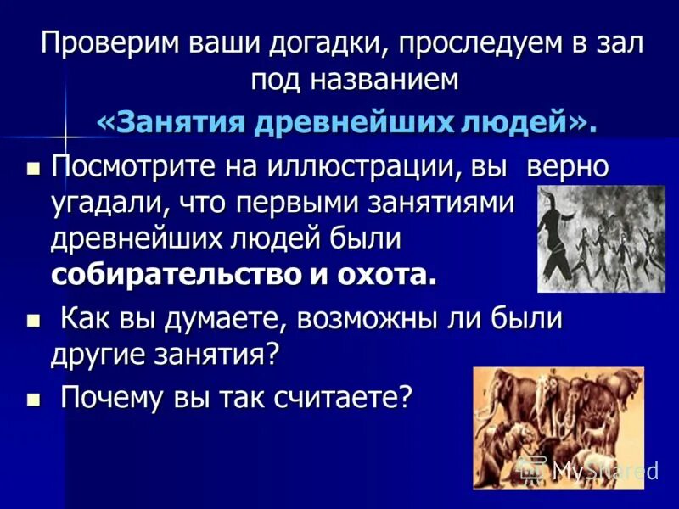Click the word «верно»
(x=568, y=167)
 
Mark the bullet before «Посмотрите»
(x=34, y=168)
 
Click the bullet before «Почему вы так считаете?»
(x=34, y=397)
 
